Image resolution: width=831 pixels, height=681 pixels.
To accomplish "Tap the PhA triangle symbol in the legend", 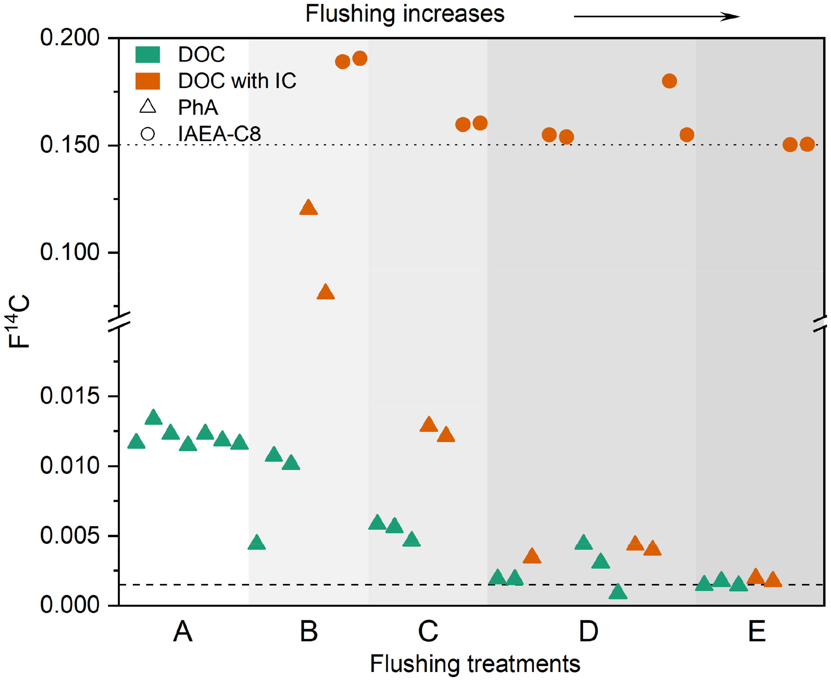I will (148, 107).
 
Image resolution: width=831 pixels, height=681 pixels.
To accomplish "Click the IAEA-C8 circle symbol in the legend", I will (148, 134).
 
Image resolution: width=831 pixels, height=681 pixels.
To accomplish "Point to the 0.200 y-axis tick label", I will (70, 38).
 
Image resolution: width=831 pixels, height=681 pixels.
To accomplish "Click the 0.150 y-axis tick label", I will (70, 145).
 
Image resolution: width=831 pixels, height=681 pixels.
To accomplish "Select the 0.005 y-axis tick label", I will (70, 536).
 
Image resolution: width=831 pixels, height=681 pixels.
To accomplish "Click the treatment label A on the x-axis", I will (183, 632).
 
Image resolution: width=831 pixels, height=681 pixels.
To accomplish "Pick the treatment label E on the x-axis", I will (757, 632).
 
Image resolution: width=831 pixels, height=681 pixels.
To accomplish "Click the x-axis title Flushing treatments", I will (475, 664).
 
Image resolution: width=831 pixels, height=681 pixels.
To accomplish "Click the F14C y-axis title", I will (19, 321).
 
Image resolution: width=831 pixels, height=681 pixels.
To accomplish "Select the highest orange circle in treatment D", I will (670, 81).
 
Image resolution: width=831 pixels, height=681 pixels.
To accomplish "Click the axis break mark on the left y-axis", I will (119, 321).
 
